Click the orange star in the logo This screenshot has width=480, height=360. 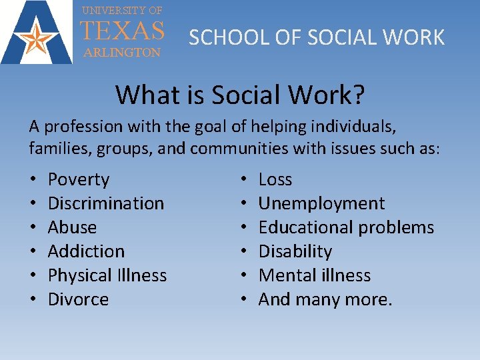click(x=37, y=39)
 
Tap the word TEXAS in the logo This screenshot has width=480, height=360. click(x=122, y=31)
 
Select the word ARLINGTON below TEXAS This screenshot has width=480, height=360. click(x=122, y=53)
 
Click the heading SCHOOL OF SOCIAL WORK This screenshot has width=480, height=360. click(x=317, y=37)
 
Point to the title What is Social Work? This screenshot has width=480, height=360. click(x=240, y=95)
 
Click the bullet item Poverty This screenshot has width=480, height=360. click(x=79, y=179)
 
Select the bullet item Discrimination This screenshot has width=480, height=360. click(x=106, y=203)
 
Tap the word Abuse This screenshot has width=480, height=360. click(x=72, y=227)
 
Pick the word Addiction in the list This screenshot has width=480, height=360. click(x=86, y=251)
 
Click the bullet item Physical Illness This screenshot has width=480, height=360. click(x=107, y=275)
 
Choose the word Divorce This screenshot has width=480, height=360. click(x=78, y=299)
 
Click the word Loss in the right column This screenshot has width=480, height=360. click(x=275, y=179)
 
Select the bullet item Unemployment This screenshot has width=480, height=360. click(x=321, y=203)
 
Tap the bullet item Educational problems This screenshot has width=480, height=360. click(x=346, y=227)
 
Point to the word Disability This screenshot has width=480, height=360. click(x=295, y=251)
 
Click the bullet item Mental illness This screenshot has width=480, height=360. click(x=315, y=275)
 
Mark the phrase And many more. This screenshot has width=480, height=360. click(x=325, y=299)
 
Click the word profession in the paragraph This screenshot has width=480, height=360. click(x=81, y=126)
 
